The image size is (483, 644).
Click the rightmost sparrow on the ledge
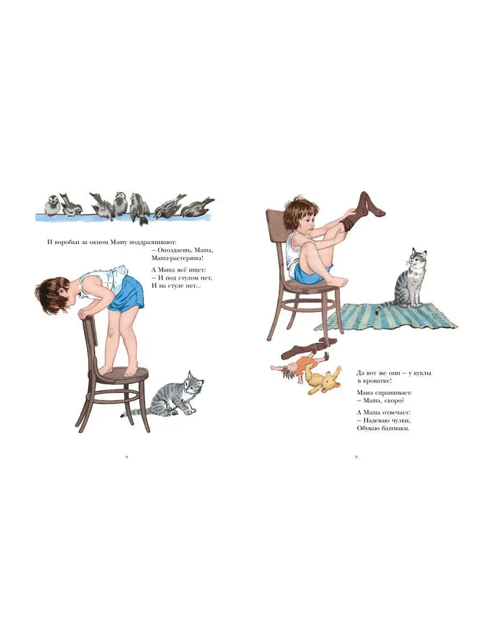coord(197,207)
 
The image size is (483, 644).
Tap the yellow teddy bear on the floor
coord(323,379)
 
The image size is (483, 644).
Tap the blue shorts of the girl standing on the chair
coord(127,294)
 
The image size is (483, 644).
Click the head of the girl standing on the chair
coord(53,295)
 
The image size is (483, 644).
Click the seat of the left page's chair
coord(123,375)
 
